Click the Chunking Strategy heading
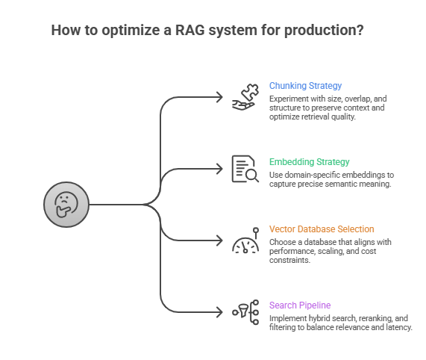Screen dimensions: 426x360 pyautogui.click(x=305, y=86)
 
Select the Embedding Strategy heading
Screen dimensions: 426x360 pyautogui.click(x=309, y=162)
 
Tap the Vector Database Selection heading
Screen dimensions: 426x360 pyautogui.click(x=322, y=229)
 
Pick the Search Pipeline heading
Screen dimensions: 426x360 pyautogui.click(x=300, y=305)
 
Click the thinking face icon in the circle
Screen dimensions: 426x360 pyautogui.click(x=66, y=205)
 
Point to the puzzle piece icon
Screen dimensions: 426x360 pyautogui.click(x=244, y=97)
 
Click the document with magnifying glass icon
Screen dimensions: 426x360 pyautogui.click(x=245, y=169)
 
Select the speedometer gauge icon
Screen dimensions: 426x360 pyautogui.click(x=245, y=240)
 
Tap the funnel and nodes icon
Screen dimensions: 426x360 pyautogui.click(x=245, y=312)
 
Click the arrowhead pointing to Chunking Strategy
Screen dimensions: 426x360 pyautogui.click(x=219, y=97)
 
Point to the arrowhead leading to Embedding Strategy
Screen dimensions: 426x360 pyautogui.click(x=219, y=169)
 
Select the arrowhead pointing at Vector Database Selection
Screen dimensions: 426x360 pyautogui.click(x=219, y=240)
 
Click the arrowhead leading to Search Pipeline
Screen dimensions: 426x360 pyautogui.click(x=219, y=312)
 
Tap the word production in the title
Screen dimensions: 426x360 pyautogui.click(x=324, y=31)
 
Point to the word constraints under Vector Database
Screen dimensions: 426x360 pyautogui.click(x=289, y=260)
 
